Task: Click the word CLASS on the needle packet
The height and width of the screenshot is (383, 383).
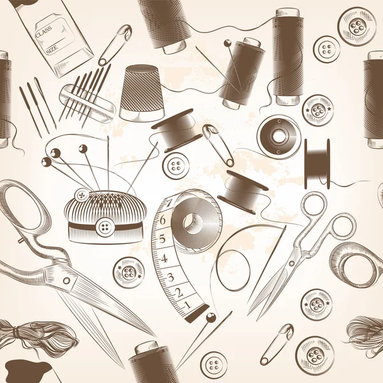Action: point(44,30)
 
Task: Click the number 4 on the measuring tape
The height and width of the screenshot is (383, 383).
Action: point(164,259)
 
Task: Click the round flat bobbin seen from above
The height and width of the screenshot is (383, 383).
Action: point(278,136)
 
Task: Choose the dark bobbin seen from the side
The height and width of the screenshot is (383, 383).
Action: point(317,160)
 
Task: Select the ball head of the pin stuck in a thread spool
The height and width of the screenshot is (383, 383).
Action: point(227,43)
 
